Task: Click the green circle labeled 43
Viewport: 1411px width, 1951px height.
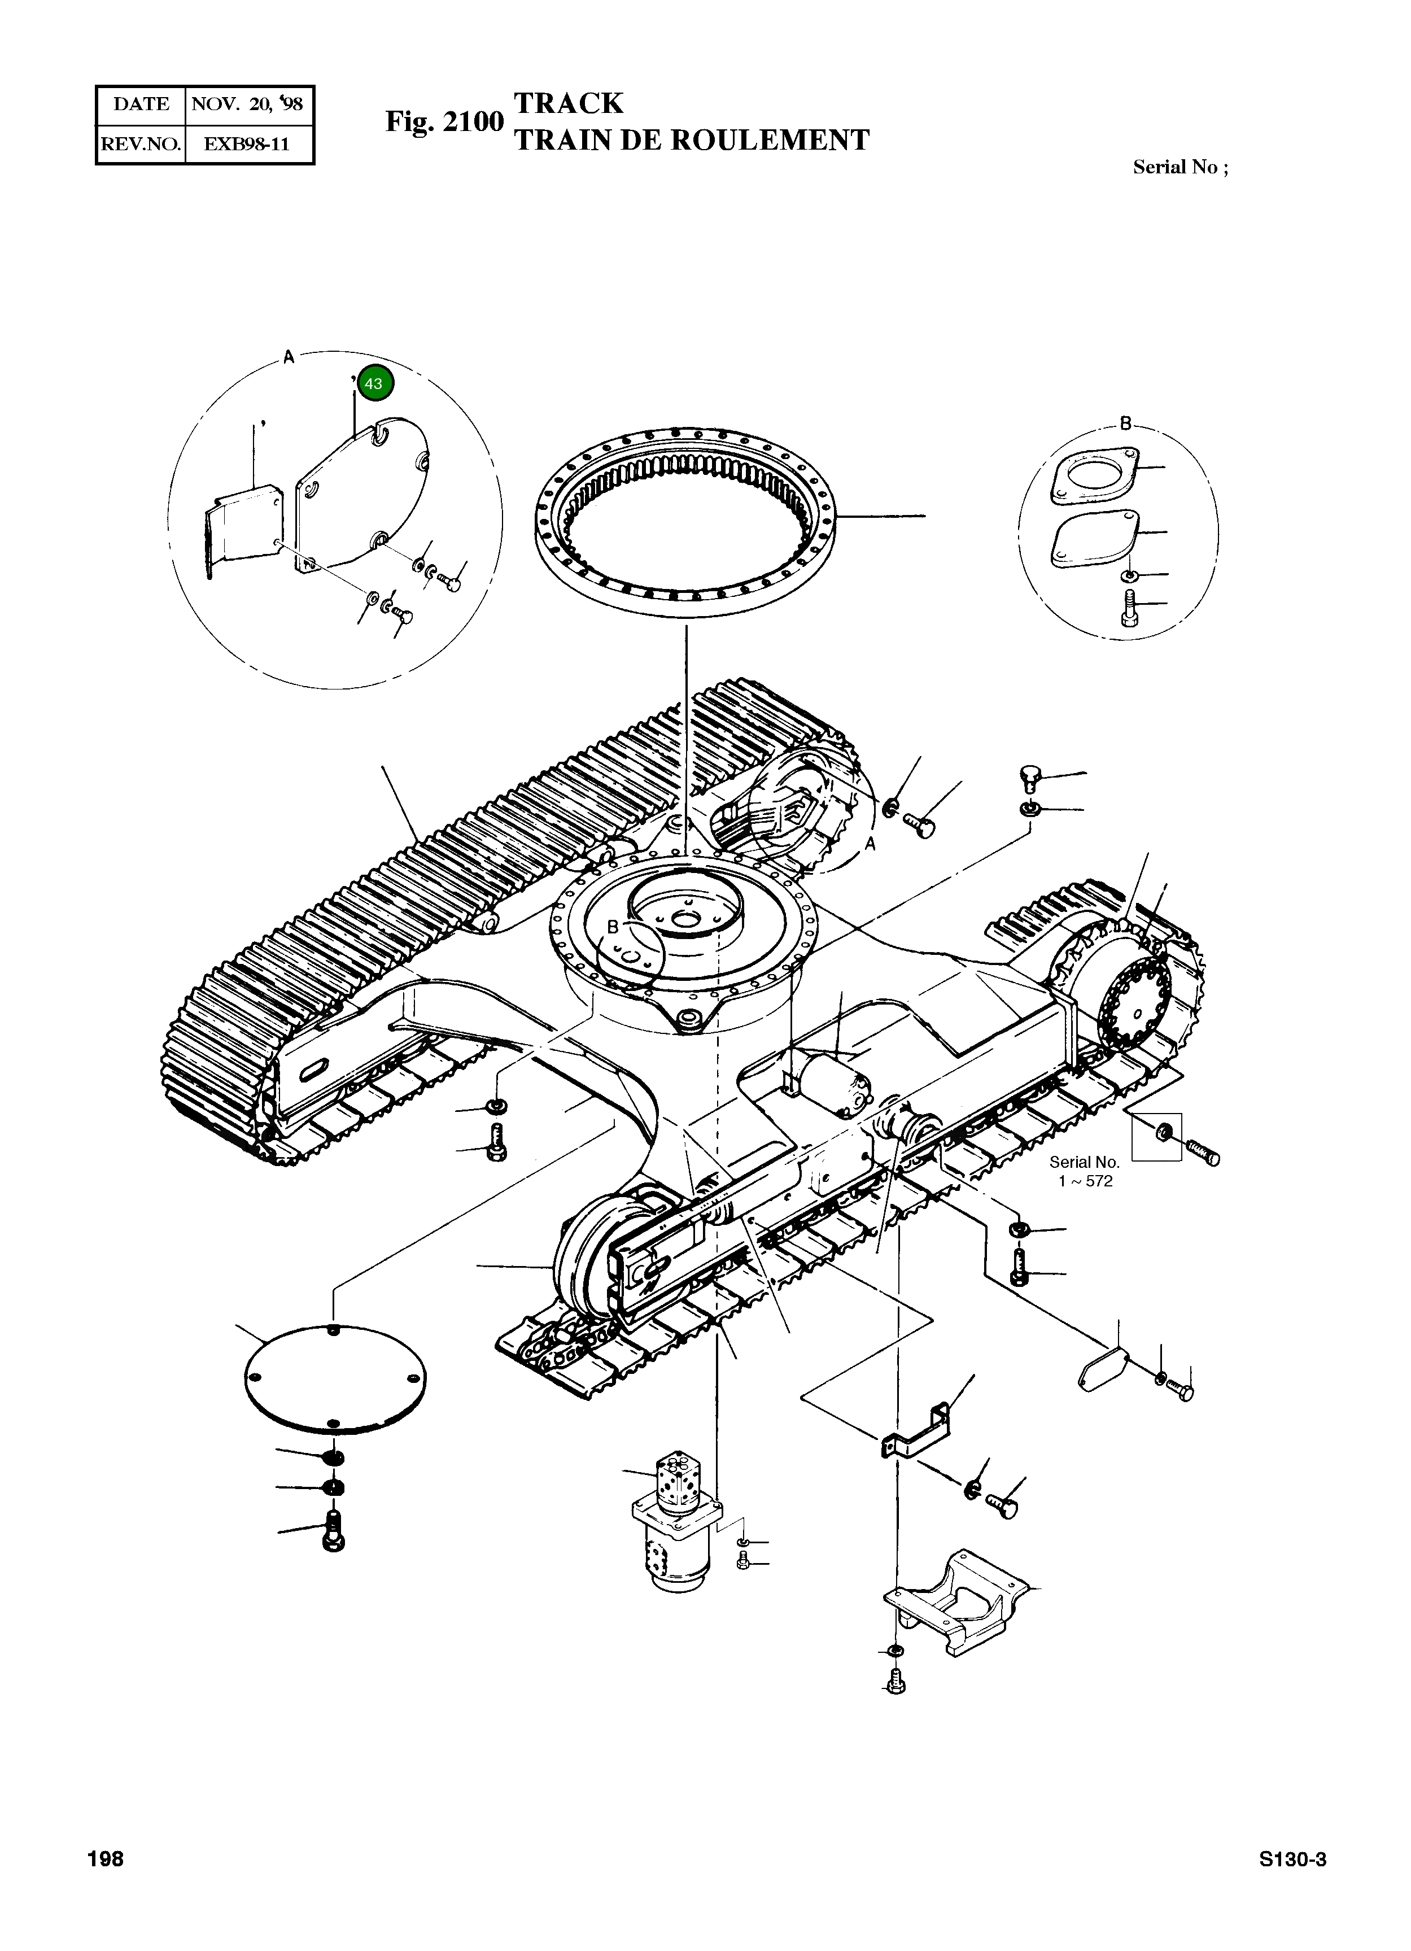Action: coord(375,383)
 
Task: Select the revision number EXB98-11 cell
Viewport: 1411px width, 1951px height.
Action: coord(247,143)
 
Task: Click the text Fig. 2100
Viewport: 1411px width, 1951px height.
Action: coord(443,121)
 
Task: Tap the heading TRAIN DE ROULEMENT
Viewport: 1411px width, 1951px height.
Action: coord(691,140)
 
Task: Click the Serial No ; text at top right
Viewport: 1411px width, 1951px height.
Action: coord(1180,168)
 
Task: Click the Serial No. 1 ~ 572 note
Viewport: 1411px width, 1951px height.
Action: coord(1085,1172)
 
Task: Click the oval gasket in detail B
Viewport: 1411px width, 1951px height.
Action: coord(1096,539)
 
